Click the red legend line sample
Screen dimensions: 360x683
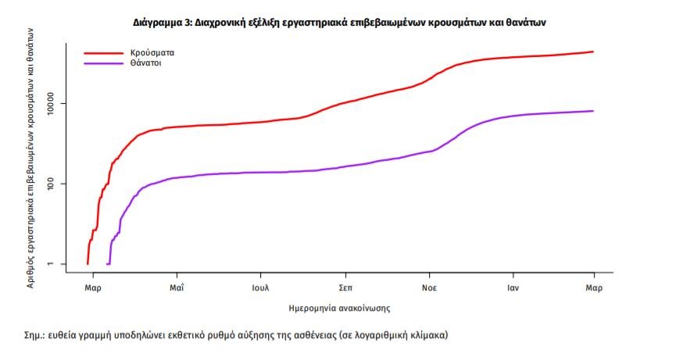coord(104,52)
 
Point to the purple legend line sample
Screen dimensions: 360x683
coord(104,62)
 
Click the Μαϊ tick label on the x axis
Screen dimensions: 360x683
coord(177,287)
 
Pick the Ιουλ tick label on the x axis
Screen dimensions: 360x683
coord(260,287)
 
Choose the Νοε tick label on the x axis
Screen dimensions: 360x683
coord(428,287)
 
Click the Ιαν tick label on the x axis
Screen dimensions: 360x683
coord(512,287)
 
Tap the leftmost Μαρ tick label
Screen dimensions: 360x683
coord(92,287)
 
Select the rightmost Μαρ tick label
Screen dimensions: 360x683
coord(592,287)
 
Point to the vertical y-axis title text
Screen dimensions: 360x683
coord(32,156)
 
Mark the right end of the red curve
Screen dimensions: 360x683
coord(593,52)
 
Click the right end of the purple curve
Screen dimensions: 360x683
coord(593,111)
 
